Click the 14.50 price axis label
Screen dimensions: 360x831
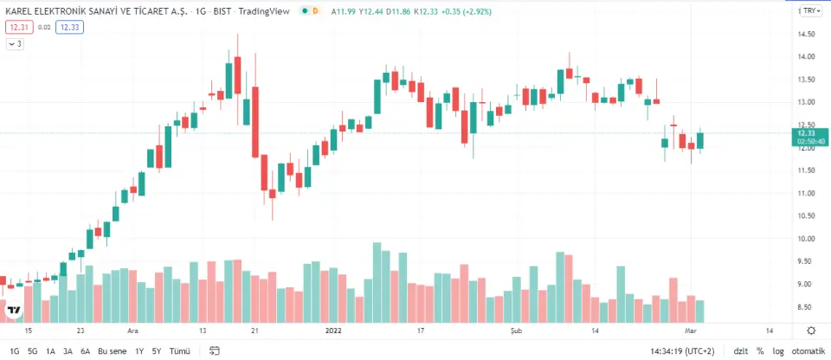point(809,35)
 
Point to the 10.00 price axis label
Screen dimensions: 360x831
point(809,239)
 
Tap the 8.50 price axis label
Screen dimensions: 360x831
point(809,307)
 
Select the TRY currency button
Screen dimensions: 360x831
point(809,10)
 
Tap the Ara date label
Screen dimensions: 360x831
point(133,331)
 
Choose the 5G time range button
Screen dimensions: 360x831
point(32,351)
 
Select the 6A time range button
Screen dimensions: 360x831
point(85,351)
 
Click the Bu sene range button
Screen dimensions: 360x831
point(113,351)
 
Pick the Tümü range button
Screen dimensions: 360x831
point(179,351)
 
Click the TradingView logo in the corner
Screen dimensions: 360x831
point(14,310)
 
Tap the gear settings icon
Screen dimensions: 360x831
point(810,331)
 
